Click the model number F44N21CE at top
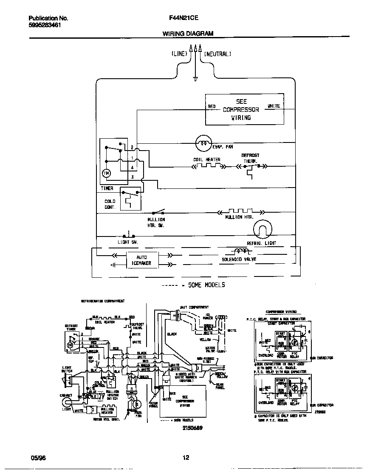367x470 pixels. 183,18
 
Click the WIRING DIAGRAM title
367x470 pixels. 188,34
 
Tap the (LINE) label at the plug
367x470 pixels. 179,54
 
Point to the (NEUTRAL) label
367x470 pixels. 217,54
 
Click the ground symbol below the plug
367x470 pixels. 195,78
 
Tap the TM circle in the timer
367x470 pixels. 106,173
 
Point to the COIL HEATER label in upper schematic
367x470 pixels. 207,160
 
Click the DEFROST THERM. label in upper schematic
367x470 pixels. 250,158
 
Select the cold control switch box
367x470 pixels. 130,198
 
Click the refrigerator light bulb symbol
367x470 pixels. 261,231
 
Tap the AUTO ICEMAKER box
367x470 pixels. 141,260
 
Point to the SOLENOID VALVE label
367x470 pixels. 239,259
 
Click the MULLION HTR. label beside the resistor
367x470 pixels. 239,217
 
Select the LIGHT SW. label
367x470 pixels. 128,242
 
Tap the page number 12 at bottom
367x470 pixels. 186,458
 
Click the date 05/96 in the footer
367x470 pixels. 38,458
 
